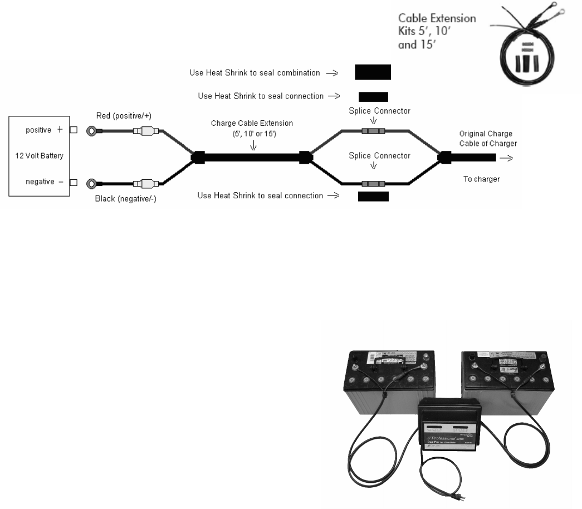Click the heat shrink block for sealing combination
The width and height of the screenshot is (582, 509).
coord(373,72)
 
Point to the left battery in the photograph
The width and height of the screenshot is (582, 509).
coord(387,384)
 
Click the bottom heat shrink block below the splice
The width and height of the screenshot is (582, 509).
coord(373,196)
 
